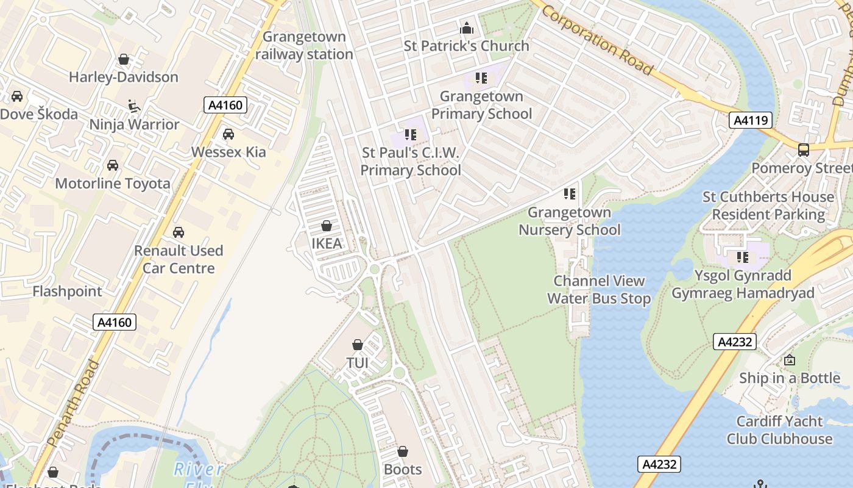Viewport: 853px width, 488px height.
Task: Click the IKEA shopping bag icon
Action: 327,226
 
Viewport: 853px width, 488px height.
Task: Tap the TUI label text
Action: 358,363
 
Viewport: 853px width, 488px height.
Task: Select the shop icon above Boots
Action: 402,451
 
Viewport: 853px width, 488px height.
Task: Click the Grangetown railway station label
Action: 304,46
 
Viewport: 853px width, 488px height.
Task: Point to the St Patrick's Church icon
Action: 467,28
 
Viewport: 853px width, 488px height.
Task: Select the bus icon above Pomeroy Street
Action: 804,149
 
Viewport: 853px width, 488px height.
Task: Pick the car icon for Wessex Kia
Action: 228,134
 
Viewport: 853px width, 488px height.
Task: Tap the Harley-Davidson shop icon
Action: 124,59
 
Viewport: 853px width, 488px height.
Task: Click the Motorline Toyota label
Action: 113,184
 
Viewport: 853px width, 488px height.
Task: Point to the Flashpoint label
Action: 67,292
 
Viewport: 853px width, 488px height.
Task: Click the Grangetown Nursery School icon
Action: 570,194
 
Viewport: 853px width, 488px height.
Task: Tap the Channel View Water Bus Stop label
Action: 599,290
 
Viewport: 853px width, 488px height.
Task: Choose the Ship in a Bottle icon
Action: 790,360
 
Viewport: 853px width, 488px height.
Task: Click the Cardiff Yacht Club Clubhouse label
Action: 779,430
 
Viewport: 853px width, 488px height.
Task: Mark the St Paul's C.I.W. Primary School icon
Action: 410,134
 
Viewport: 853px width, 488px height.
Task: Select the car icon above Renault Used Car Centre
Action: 179,232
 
